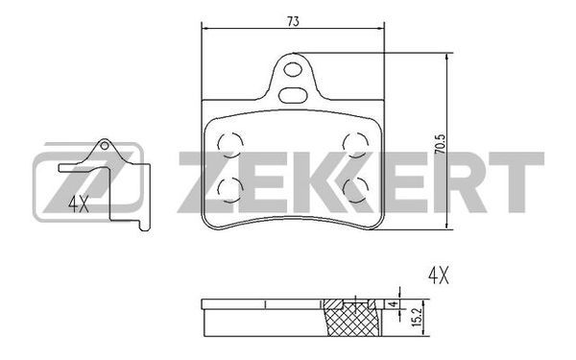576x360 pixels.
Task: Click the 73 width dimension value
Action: click(293, 22)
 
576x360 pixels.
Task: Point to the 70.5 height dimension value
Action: click(440, 144)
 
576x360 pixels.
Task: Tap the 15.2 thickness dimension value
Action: click(418, 317)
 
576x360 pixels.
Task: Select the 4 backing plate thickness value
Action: click(394, 304)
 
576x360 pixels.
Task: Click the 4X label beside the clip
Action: click(79, 204)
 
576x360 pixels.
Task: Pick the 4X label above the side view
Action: click(439, 276)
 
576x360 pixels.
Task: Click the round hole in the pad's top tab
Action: click(293, 69)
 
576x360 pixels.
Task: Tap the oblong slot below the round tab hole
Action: click(293, 95)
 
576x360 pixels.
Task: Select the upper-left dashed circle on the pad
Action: click(230, 144)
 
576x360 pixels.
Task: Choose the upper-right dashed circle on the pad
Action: click(355, 144)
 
